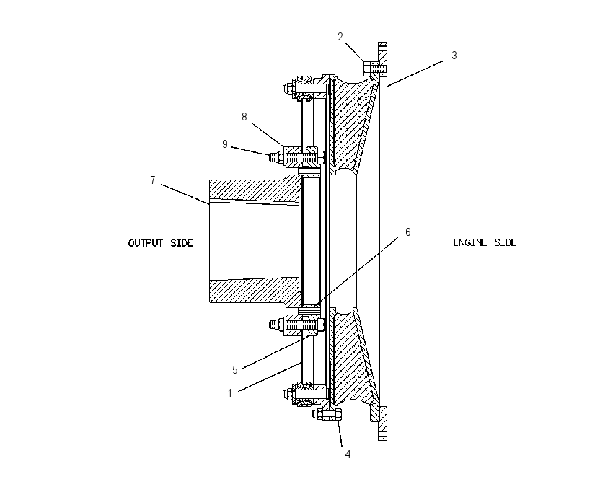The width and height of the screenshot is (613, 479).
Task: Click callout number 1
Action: click(x=230, y=393)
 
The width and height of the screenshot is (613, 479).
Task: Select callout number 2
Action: click(x=340, y=37)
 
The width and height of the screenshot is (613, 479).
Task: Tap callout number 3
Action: click(x=454, y=56)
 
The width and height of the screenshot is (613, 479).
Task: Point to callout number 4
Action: click(x=348, y=454)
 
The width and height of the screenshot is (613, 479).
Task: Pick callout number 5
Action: click(x=234, y=370)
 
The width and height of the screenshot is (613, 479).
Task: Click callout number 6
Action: click(x=407, y=232)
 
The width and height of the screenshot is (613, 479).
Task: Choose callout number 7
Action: click(x=153, y=180)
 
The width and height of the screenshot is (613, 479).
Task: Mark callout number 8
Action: click(x=244, y=117)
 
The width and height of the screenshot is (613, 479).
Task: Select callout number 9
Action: click(x=225, y=144)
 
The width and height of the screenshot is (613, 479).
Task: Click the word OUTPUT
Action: click(x=146, y=243)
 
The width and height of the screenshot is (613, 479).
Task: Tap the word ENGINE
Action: click(x=470, y=243)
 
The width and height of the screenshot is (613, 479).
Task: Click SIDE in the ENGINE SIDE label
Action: click(x=505, y=243)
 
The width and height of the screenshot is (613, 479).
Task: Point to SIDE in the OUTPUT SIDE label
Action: click(x=182, y=243)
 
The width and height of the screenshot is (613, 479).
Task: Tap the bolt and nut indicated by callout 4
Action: click(x=327, y=414)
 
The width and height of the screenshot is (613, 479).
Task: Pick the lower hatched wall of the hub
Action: click(x=254, y=290)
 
